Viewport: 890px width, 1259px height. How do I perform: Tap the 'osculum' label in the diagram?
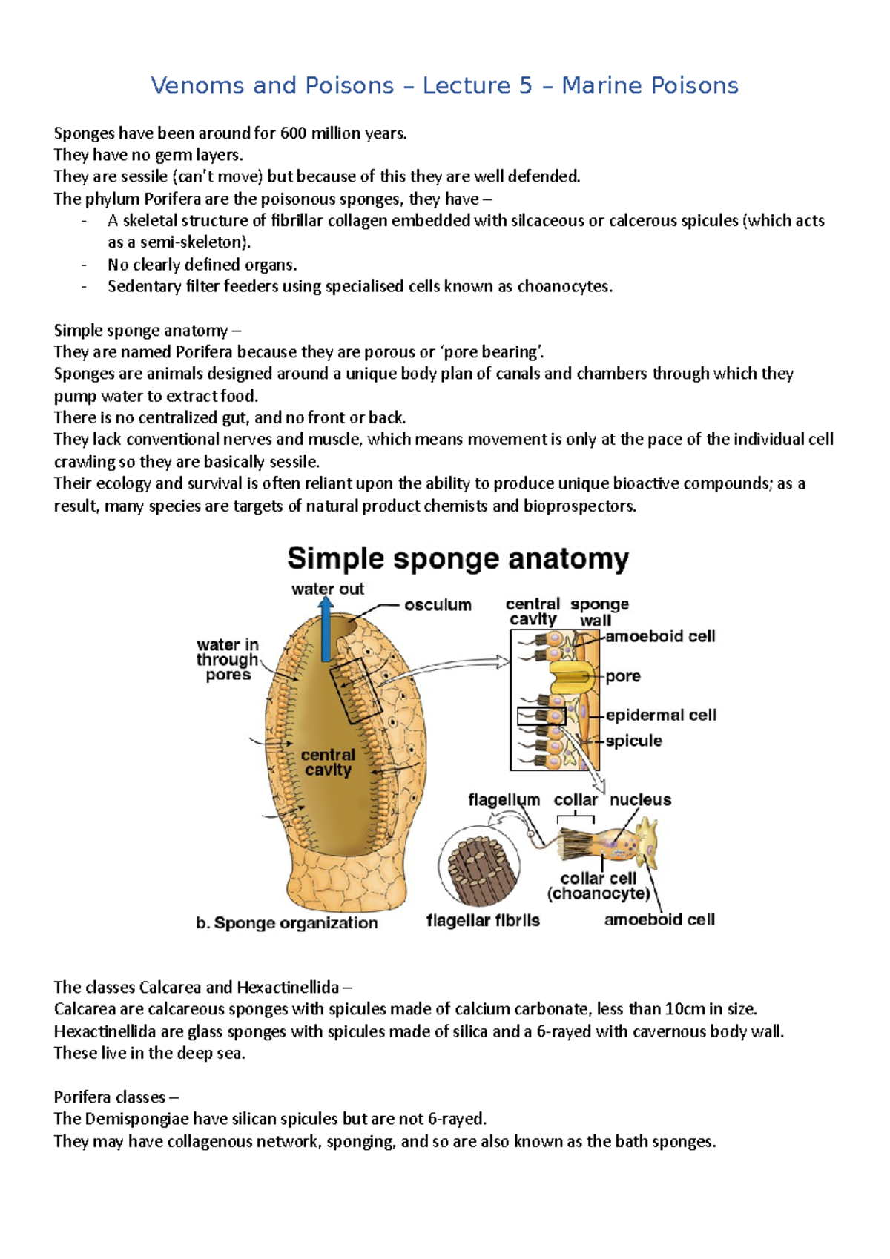tap(438, 605)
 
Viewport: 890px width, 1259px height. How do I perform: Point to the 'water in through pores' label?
tap(228, 659)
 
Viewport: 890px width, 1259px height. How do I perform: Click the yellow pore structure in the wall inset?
tap(572, 676)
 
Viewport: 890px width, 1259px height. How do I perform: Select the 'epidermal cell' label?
tap(661, 716)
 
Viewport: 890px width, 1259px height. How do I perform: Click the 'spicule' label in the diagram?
tap(633, 741)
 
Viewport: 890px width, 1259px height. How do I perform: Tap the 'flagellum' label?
tap(504, 800)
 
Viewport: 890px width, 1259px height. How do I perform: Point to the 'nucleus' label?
tap(640, 800)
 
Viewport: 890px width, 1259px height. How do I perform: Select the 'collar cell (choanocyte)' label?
tap(599, 886)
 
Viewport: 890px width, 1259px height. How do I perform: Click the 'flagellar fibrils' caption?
tap(483, 921)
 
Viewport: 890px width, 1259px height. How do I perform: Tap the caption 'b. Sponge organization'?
tap(287, 923)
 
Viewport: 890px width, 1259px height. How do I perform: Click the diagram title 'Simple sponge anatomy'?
tap(458, 559)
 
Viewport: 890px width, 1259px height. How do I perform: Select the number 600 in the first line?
tap(293, 133)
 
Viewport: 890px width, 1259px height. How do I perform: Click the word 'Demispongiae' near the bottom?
tap(134, 1119)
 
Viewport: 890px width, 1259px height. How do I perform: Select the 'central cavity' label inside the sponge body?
tap(328, 762)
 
